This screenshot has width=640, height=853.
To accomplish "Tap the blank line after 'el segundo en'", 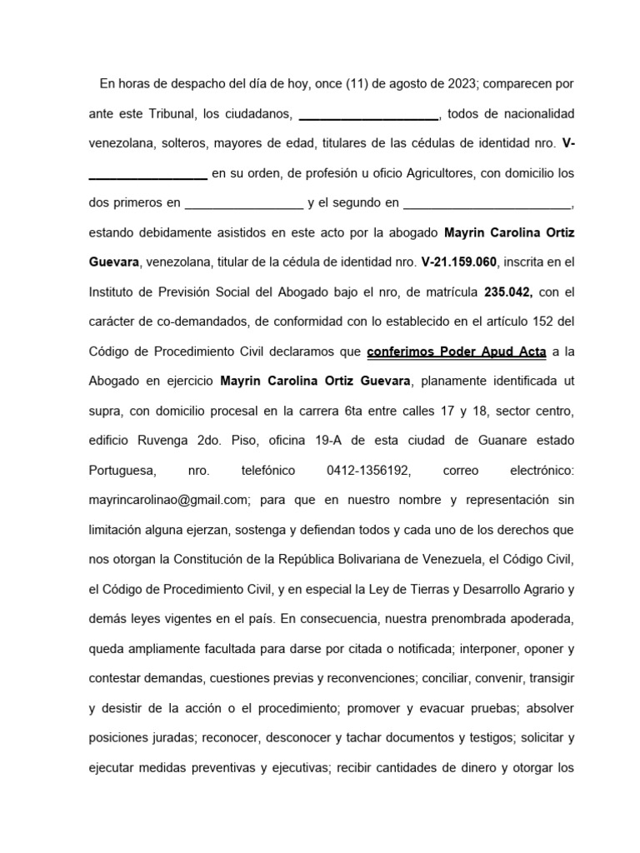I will pos(487,202).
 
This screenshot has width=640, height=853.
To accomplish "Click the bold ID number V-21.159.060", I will pos(459,262).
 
